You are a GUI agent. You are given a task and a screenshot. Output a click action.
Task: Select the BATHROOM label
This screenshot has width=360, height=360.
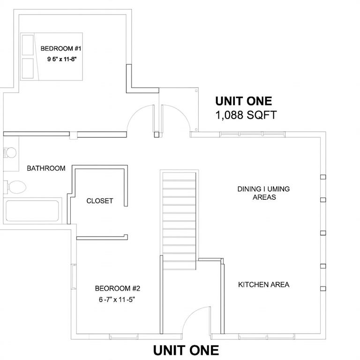[x=46, y=168]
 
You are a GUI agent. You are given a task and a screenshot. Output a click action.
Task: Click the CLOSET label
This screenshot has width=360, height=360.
[x=100, y=201]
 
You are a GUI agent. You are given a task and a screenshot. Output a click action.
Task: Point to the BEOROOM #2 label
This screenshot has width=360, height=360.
[x=118, y=288]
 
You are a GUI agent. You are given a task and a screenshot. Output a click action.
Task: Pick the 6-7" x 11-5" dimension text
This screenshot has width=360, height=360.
[x=118, y=299]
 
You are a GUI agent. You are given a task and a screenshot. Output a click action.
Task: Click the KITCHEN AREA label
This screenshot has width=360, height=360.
[x=263, y=285]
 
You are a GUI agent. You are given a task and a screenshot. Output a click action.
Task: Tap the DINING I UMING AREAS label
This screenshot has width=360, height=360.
[x=264, y=193]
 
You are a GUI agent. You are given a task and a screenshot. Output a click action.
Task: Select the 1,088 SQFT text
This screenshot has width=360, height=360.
[x=246, y=115]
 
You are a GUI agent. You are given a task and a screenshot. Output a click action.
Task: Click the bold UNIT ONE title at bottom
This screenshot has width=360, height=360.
[x=186, y=350]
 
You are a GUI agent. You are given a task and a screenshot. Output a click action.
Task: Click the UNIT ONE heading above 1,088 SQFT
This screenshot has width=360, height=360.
[x=243, y=101]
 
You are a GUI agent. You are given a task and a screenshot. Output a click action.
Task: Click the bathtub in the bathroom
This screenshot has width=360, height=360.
[x=33, y=211]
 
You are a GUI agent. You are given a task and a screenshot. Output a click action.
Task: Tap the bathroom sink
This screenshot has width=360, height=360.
[x=10, y=153]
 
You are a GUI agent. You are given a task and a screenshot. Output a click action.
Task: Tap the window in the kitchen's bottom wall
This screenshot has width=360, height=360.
[x=254, y=336]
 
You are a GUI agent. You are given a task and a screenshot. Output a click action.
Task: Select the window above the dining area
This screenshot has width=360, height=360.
[x=253, y=135]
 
